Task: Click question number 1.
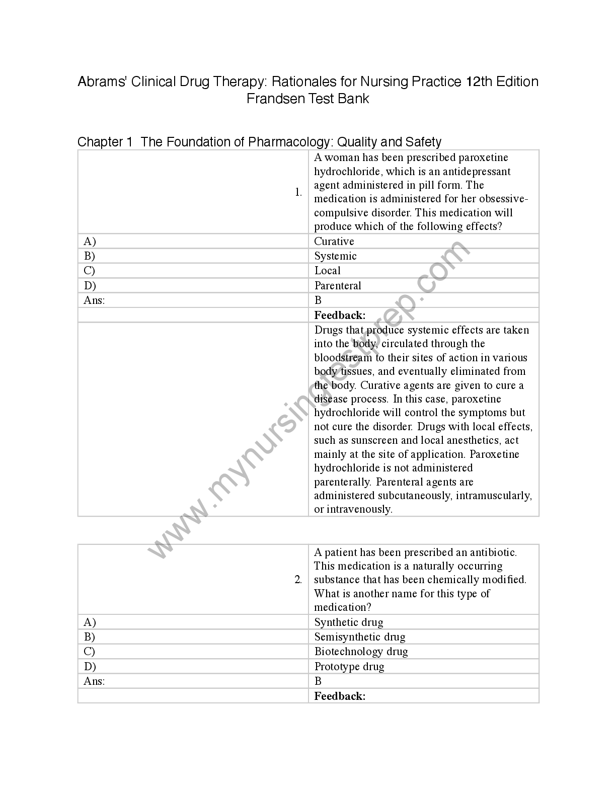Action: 298,192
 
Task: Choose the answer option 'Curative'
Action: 334,242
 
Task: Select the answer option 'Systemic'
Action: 335,256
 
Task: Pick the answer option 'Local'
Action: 327,271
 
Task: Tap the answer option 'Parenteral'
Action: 338,286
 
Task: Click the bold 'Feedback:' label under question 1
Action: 340,315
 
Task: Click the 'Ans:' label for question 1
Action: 94,300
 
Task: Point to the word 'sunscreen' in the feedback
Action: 374,441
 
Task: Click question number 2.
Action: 298,580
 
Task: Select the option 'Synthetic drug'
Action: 349,622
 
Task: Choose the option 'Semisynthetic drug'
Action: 359,637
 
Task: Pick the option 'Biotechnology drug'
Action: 361,652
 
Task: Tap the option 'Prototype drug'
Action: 349,667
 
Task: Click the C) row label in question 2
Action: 90,652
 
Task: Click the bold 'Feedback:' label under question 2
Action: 340,696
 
